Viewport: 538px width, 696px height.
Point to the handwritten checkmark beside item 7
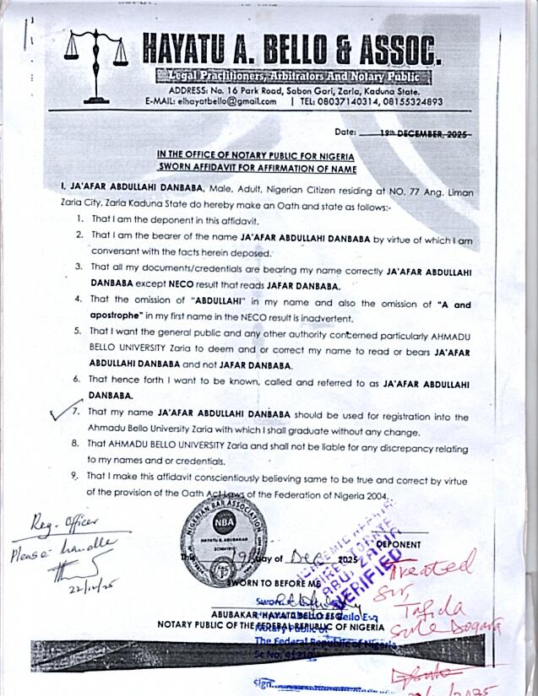[x=61, y=413]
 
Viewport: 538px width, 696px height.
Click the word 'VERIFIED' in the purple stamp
[x=364, y=573]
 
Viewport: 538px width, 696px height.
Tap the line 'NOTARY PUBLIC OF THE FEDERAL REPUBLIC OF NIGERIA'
[x=270, y=627]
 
